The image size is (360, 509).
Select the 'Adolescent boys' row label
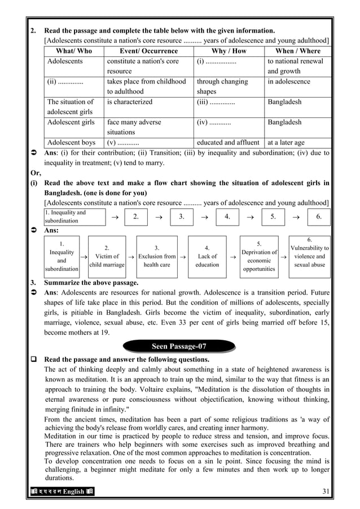point(71,143)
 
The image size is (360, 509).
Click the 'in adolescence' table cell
point(289,82)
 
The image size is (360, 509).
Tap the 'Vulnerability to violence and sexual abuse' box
point(309,256)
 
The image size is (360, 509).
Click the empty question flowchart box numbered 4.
point(227,216)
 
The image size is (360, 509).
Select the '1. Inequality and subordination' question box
point(74,217)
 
